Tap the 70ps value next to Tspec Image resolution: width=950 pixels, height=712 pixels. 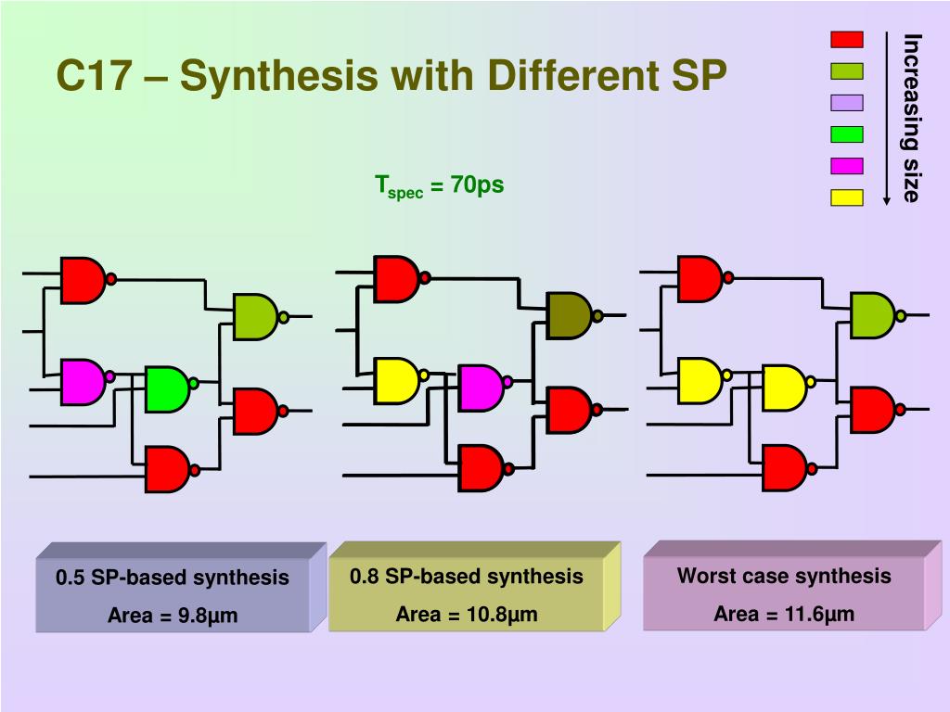(x=477, y=184)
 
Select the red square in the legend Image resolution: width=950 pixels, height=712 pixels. (x=846, y=40)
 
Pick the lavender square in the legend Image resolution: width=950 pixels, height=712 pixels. (x=846, y=103)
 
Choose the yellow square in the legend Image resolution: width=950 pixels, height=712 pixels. (x=846, y=197)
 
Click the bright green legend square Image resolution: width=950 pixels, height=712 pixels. (x=846, y=134)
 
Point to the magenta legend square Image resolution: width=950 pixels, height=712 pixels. (x=846, y=166)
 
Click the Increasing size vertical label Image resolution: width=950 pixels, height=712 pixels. (x=912, y=118)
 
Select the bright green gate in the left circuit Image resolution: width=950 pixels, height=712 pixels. (x=167, y=389)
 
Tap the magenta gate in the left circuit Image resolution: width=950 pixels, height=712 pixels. (x=83, y=381)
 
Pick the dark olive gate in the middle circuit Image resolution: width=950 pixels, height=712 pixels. (x=569, y=315)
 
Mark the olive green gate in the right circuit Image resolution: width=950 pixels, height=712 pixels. (x=872, y=315)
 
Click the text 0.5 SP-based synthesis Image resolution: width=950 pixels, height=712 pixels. (x=173, y=578)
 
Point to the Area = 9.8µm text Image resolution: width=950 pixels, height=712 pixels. (x=173, y=615)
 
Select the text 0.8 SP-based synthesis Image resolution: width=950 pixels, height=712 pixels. (x=467, y=577)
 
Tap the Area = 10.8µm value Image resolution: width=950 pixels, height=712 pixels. (x=467, y=614)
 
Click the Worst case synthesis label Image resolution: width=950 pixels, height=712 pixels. (x=784, y=576)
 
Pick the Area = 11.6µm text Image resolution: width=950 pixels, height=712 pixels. (x=784, y=614)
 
